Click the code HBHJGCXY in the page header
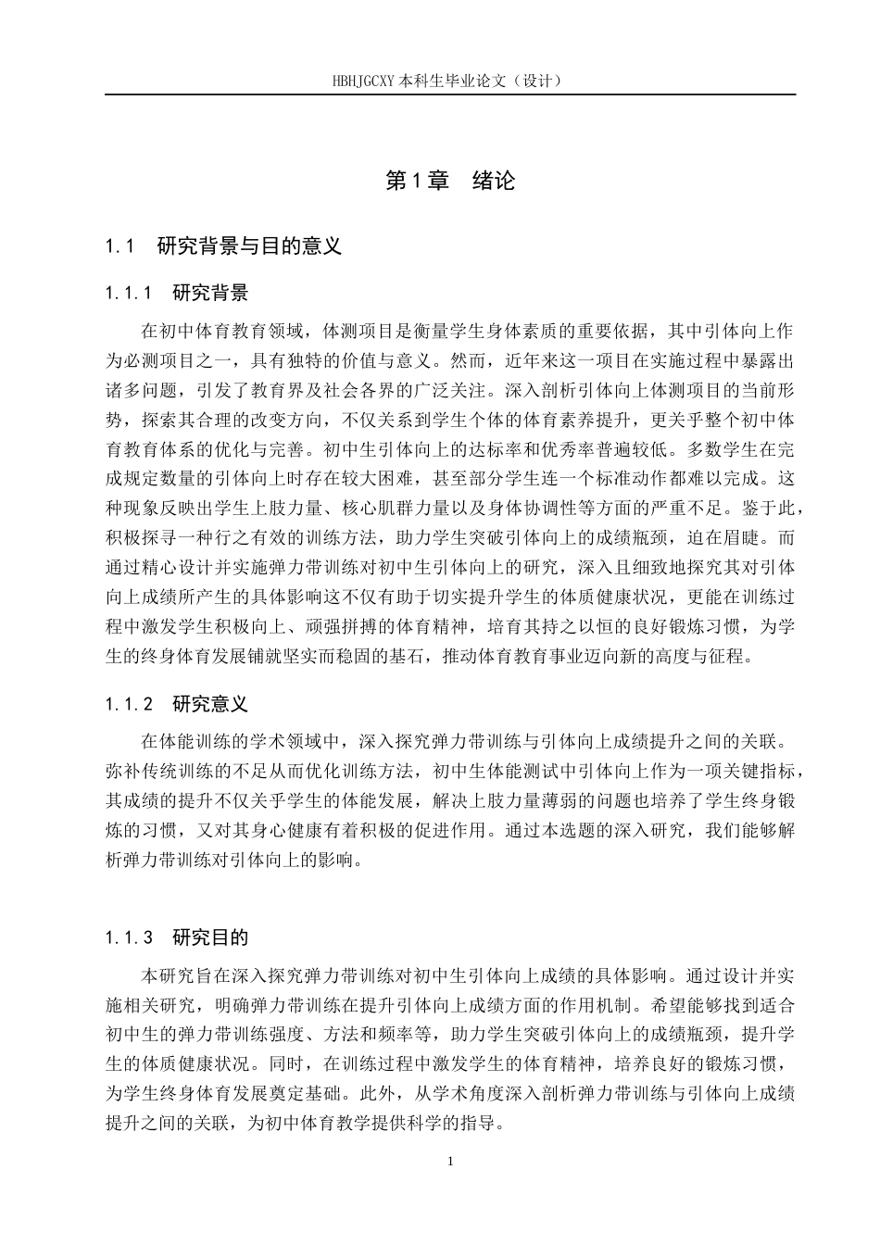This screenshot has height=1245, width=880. pos(364,81)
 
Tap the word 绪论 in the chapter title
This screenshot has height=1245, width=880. pos(493,181)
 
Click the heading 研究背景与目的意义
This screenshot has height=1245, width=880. pos(249,246)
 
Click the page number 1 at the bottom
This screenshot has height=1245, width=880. pos(449,1162)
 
